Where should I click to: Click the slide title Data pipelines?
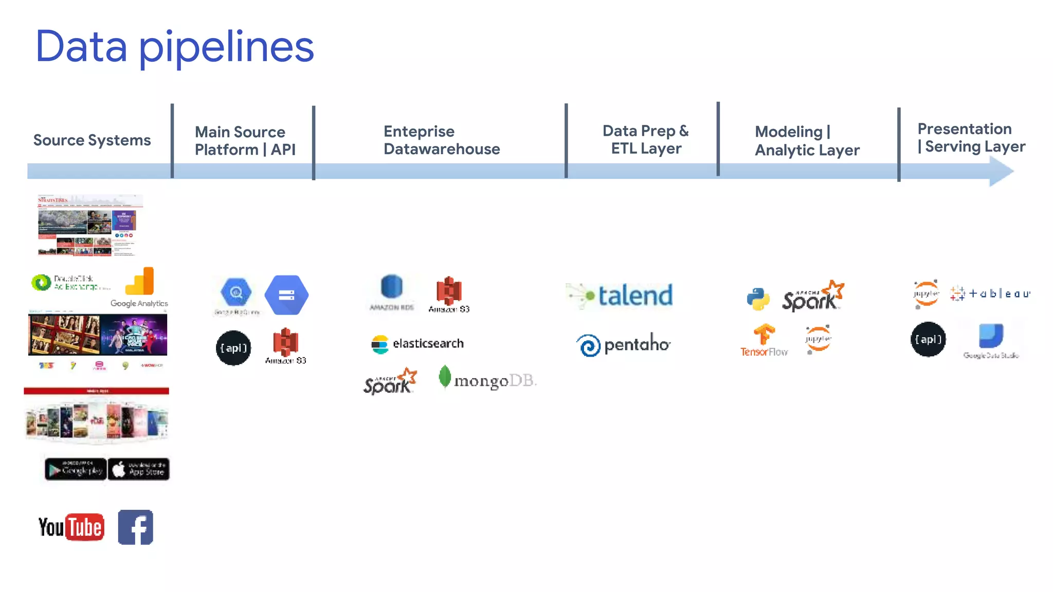point(174,47)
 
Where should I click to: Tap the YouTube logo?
point(71,527)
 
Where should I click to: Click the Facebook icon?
point(136,527)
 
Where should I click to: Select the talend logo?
point(620,295)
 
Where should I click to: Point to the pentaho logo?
point(623,344)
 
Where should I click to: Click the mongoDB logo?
point(487,379)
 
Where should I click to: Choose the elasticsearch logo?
point(417,344)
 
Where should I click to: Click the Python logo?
point(758,299)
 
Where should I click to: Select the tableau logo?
point(990,293)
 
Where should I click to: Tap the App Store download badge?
point(139,469)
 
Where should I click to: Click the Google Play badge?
point(76,469)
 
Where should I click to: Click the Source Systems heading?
point(92,140)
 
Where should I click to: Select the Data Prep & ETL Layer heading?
point(645,139)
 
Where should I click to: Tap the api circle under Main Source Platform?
point(233,348)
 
